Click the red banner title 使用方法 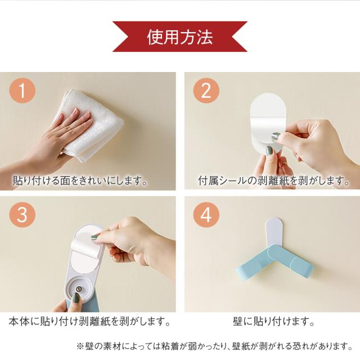tap(180, 37)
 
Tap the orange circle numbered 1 tap(22, 90)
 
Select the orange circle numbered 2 tap(206, 90)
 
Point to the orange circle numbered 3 tap(22, 215)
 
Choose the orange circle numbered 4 tap(206, 215)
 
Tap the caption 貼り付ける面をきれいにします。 tap(80, 181)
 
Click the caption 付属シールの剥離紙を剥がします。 tap(274, 181)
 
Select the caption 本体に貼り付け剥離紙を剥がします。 tap(89, 321)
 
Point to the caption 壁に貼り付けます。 tap(274, 321)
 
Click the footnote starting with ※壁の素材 tap(215, 346)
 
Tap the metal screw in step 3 tap(79, 289)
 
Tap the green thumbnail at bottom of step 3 tap(76, 299)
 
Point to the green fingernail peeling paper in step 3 tap(94, 237)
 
